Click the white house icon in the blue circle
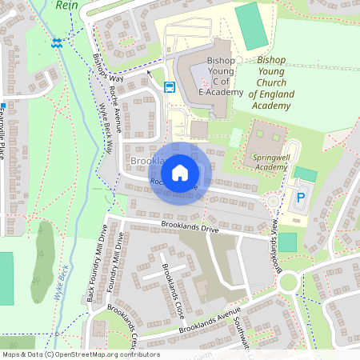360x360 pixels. pyautogui.click(x=180, y=172)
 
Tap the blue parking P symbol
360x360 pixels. pyautogui.click(x=302, y=198)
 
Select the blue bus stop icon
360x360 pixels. pyautogui.click(x=170, y=87)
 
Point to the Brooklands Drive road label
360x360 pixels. pyautogui.click(x=190, y=230)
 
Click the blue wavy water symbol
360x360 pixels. pyautogui.click(x=55, y=44)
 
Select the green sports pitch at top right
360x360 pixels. pyautogui.click(x=252, y=26)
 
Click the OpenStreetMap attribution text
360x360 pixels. pyautogui.click(x=81, y=354)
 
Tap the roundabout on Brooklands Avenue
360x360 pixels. pyautogui.click(x=287, y=282)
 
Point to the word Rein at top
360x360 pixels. pyautogui.click(x=66, y=4)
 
